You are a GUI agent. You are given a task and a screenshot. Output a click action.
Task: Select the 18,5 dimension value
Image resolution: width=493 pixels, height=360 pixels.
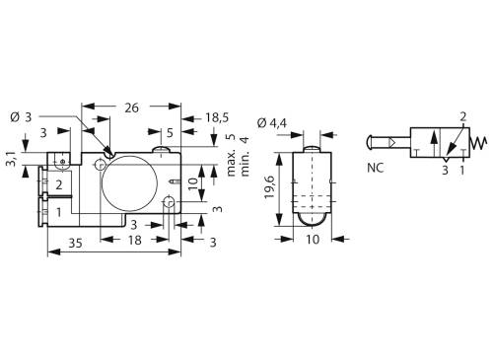tap(216, 116)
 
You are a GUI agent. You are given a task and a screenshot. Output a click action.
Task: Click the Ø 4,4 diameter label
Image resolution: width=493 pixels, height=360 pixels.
tap(270, 122)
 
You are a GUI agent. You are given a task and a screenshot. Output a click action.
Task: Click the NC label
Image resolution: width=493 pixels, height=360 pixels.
tap(377, 168)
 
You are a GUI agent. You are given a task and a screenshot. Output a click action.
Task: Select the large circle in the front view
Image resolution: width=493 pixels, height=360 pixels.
tap(132, 179)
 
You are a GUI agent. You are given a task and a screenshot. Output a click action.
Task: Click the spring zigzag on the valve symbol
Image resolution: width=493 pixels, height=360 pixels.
tap(478, 143)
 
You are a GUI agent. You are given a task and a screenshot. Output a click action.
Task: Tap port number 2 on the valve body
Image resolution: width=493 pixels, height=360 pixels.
tap(59, 184)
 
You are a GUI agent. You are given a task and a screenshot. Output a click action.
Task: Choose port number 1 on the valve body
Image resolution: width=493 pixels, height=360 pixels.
tap(59, 210)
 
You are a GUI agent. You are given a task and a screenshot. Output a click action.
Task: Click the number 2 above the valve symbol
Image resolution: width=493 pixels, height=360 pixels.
tap(464, 116)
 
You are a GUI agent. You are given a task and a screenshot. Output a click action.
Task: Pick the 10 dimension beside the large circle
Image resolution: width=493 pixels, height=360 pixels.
tap(193, 180)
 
